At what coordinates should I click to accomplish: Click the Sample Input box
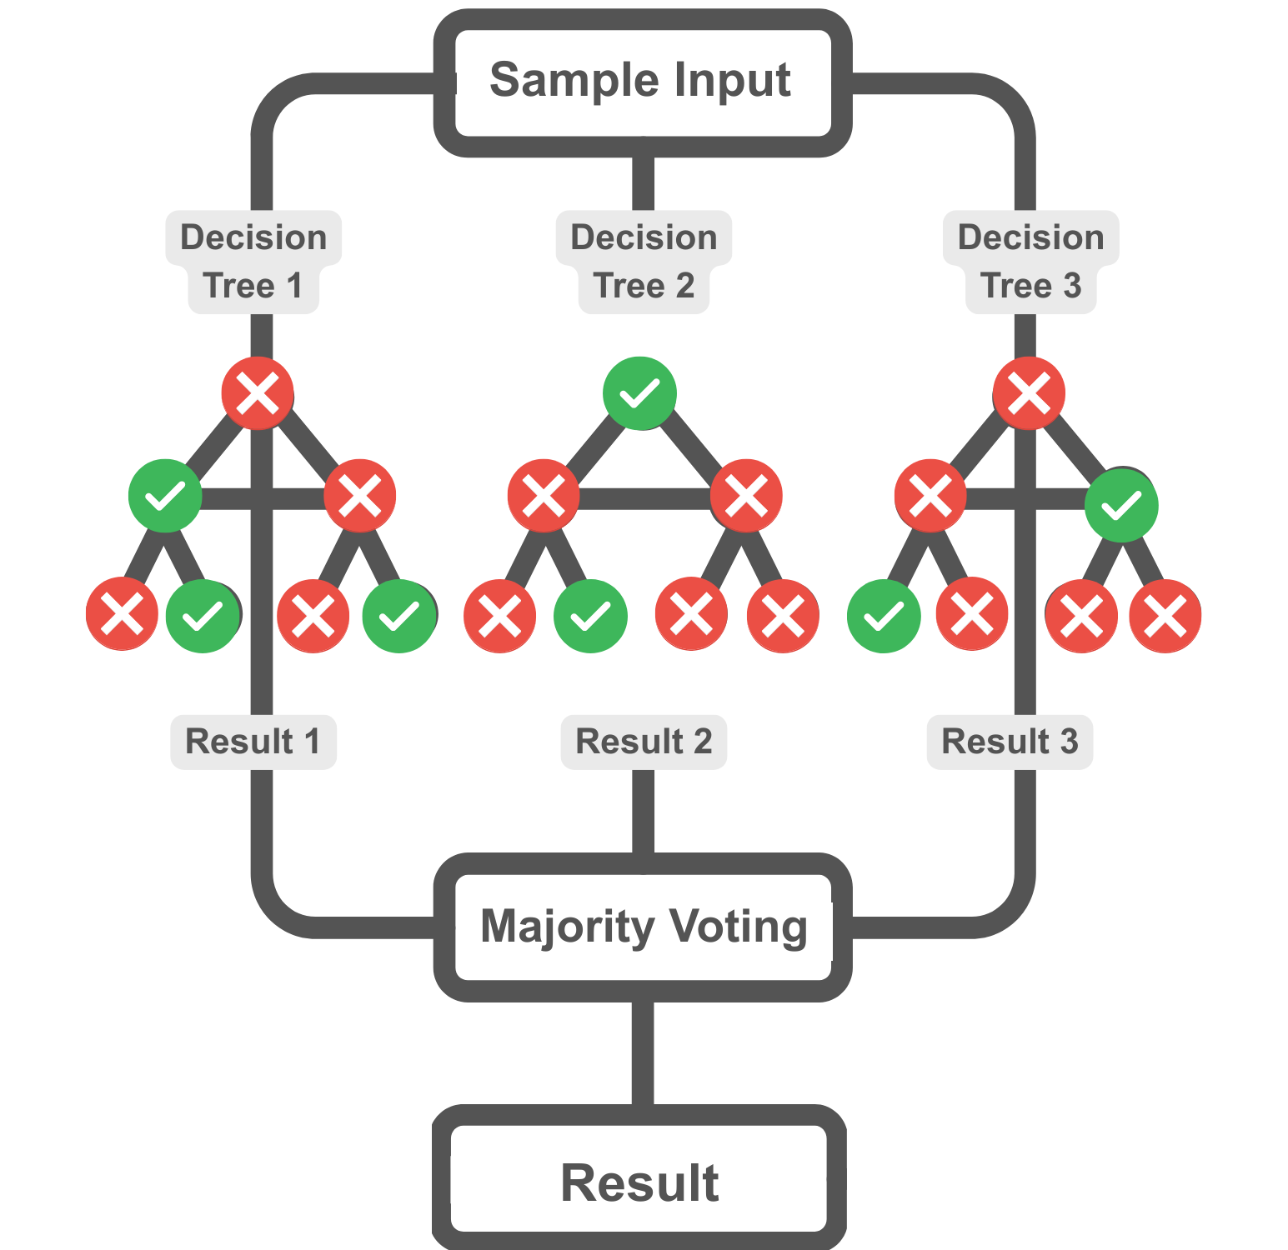coord(643,82)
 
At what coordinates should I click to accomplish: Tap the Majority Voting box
coord(643,927)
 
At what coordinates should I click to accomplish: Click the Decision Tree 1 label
coord(253,262)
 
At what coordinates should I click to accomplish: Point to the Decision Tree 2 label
coord(644,262)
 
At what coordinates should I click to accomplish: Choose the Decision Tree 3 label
coord(1030,262)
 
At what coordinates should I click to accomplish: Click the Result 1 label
coord(253,742)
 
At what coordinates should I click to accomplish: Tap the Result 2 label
coord(644,742)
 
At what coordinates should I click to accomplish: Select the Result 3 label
coord(1010,742)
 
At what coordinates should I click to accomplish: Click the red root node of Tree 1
coord(258,393)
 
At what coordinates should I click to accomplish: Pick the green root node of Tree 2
coord(639,393)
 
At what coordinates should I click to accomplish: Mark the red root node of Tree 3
coord(1029,393)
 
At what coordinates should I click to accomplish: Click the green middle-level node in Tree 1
coord(165,496)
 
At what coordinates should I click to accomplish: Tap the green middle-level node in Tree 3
coord(1121,505)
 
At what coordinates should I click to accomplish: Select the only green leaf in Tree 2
coord(590,616)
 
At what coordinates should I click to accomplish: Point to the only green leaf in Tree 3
coord(884,616)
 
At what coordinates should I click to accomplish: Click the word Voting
coord(738,927)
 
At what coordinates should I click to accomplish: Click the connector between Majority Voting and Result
coord(643,1053)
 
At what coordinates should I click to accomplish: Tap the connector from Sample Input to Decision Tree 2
coord(643,183)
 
